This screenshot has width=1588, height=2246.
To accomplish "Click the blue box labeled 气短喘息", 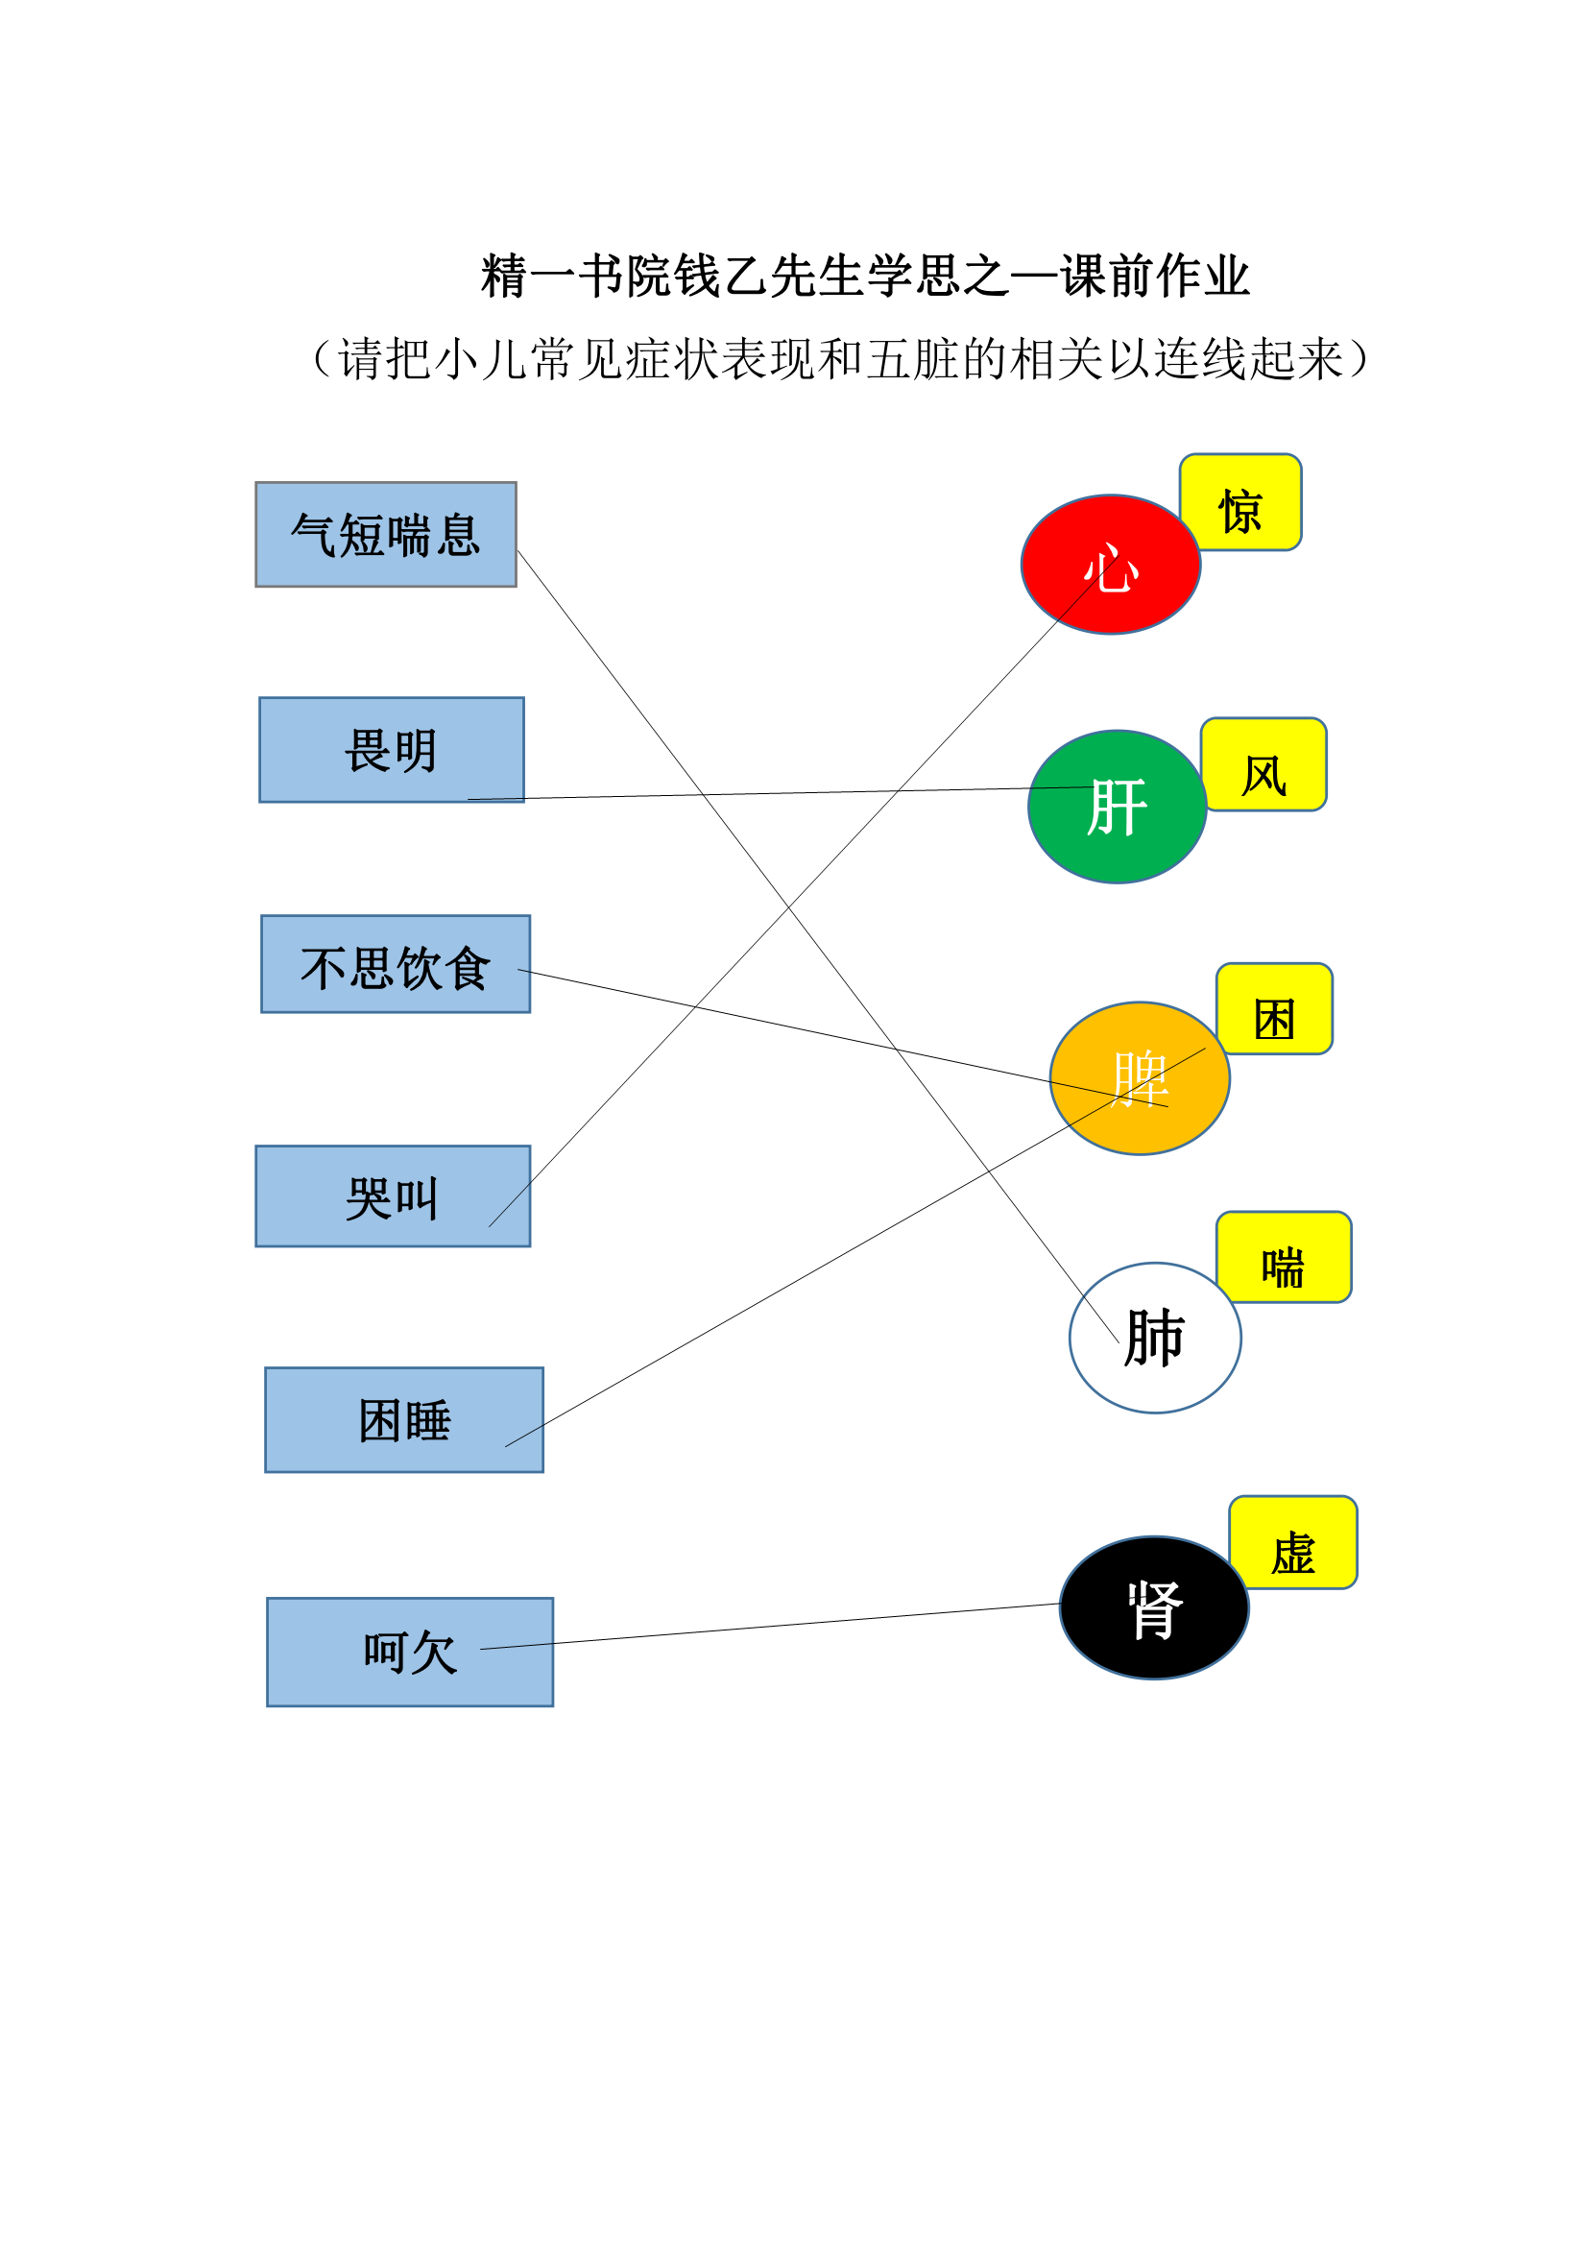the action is (x=385, y=534).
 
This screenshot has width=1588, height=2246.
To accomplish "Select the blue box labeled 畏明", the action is (x=391, y=749).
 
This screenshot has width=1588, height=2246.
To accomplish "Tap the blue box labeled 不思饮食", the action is (x=395, y=963).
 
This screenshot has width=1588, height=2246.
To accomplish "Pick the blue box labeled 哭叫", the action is (x=392, y=1195).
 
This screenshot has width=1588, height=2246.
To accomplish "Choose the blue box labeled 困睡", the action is (x=404, y=1419).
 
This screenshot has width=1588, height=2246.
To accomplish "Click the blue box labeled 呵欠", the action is (x=410, y=1652).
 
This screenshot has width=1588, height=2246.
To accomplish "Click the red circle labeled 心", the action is (x=1110, y=565).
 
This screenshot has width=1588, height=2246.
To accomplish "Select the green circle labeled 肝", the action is (x=1117, y=806).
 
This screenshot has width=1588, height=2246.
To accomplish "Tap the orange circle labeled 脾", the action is (x=1140, y=1078).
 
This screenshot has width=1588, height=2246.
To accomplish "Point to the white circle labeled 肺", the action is (x=1155, y=1338).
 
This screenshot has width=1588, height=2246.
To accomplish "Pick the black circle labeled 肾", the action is (x=1154, y=1607).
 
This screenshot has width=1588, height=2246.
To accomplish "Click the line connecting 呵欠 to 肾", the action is (x=771, y=1626).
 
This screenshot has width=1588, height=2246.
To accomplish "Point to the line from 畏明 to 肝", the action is (x=781, y=792).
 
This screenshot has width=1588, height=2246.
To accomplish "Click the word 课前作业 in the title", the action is (x=1155, y=276).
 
